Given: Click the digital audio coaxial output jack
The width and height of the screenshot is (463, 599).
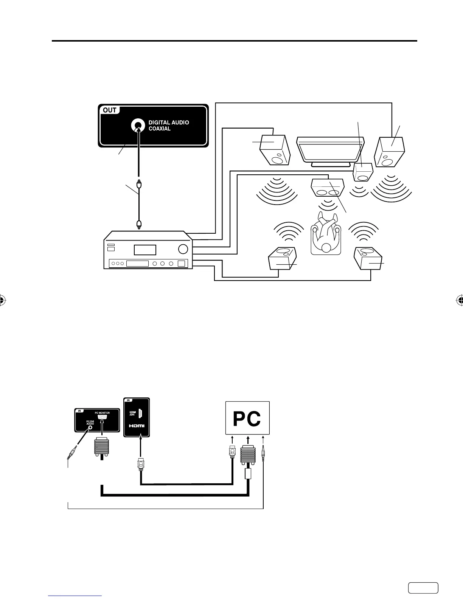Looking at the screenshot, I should point(137,126).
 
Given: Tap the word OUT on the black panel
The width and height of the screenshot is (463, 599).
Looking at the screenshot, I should point(110,110).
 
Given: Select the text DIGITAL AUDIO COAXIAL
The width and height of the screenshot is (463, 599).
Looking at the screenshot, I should point(168,126).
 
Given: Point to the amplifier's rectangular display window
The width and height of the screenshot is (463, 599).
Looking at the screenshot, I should point(144,250).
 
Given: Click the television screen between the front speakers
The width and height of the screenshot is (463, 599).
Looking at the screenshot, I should point(330,151).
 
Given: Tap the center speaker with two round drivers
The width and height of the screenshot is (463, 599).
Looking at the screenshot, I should point(327,188).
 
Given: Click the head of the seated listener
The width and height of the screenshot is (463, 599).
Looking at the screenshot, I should point(326,248).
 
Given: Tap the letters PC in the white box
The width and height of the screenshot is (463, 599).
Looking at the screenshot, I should point(247,419).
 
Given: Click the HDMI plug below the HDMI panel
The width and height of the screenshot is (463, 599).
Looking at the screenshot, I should point(140,463).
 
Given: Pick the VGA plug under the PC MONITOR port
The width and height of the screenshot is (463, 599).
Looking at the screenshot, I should point(101,448).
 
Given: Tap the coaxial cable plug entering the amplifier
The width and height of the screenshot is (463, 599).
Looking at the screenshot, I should point(139,225).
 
